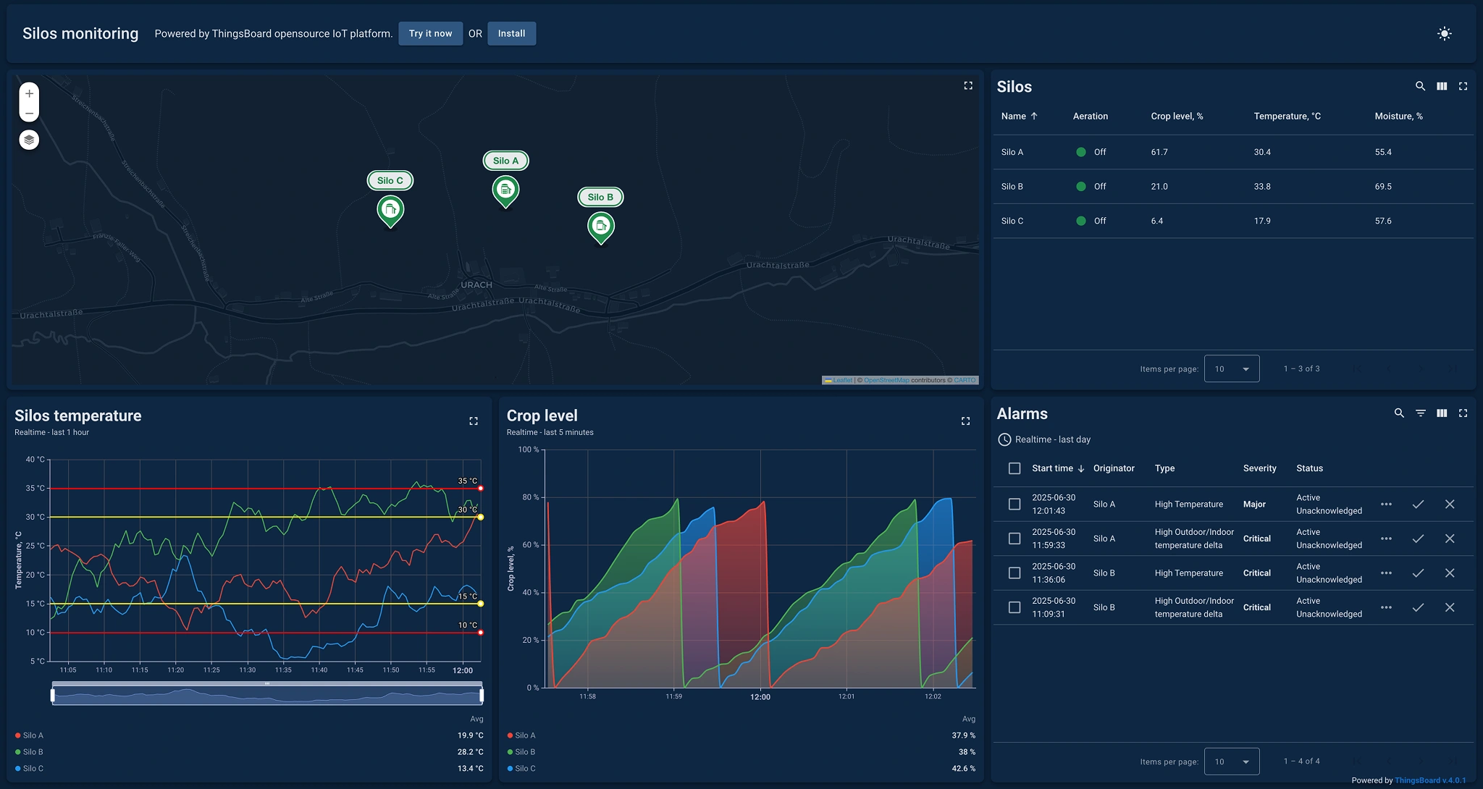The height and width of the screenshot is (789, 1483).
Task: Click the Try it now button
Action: (x=430, y=33)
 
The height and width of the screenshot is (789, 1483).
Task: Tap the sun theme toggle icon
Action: (x=1444, y=33)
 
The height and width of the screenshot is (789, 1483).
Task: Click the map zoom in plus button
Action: (x=29, y=93)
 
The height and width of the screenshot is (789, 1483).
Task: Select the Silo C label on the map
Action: (x=390, y=181)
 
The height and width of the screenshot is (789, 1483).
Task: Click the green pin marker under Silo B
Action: (x=600, y=227)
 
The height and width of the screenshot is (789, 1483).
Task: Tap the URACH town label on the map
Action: (x=476, y=284)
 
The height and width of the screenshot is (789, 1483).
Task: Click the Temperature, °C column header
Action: (x=1287, y=116)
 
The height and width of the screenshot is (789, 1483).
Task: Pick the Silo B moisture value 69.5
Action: (x=1382, y=186)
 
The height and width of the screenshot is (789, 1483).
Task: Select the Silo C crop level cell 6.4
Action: (x=1156, y=221)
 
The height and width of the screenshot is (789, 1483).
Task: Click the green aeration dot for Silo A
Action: (x=1080, y=152)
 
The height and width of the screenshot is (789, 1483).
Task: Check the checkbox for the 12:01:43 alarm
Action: (x=1014, y=504)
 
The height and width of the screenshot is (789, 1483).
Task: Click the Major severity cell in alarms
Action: (x=1254, y=504)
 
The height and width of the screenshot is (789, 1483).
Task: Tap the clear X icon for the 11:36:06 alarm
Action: (x=1449, y=573)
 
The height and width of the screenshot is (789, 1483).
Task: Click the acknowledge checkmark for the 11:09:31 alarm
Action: (x=1417, y=607)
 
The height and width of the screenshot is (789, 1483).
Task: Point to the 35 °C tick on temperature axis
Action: (x=35, y=488)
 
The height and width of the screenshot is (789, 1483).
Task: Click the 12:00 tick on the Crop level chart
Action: (x=760, y=696)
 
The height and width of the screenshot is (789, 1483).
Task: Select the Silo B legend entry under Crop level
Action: (x=524, y=751)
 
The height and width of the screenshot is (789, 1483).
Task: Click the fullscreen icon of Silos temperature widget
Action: (x=473, y=421)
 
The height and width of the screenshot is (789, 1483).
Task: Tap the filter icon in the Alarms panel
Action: (x=1420, y=413)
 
